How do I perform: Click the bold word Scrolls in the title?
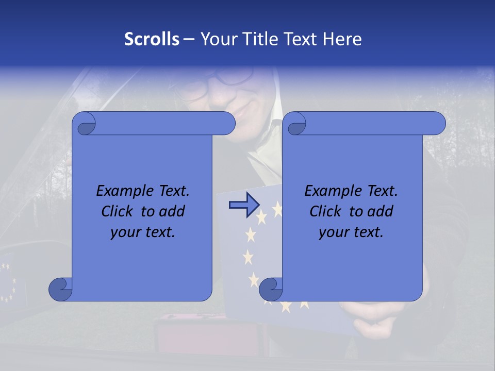[x=152, y=39]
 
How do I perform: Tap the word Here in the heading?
[x=342, y=39]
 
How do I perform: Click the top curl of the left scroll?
[x=85, y=124]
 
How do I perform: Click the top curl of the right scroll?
[x=296, y=124]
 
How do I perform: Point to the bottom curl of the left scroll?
[x=60, y=289]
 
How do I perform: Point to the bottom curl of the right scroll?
[x=271, y=289]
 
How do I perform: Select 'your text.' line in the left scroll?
[x=143, y=232]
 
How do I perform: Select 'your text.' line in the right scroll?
[x=351, y=232]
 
